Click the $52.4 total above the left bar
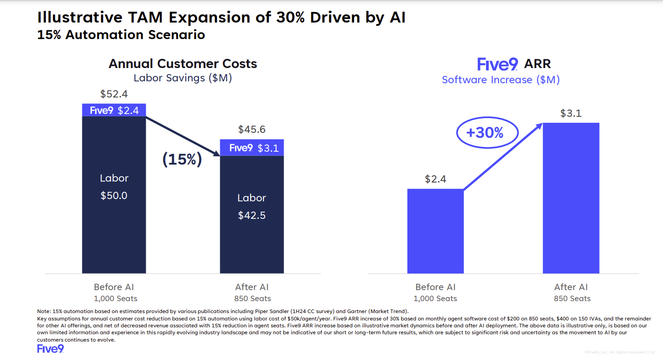pyautogui.click(x=114, y=94)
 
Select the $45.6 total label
pyautogui.click(x=251, y=130)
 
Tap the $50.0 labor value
pyautogui.click(x=114, y=195)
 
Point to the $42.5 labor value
pyautogui.click(x=251, y=215)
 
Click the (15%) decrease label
pyautogui.click(x=182, y=159)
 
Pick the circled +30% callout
pyautogui.click(x=487, y=133)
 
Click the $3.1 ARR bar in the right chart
pyautogui.click(x=571, y=198)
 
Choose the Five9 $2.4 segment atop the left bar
pyautogui.click(x=114, y=110)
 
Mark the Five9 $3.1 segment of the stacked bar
pyautogui.click(x=251, y=148)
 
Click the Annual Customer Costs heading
pyautogui.click(x=183, y=63)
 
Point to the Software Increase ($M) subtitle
pyautogui.click(x=501, y=80)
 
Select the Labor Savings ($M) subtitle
pyautogui.click(x=183, y=78)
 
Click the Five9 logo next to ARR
pyautogui.click(x=497, y=64)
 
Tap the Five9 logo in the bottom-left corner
pyautogui.click(x=50, y=349)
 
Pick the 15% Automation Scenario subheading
pyautogui.click(x=121, y=35)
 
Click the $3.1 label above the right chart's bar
pyautogui.click(x=571, y=113)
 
